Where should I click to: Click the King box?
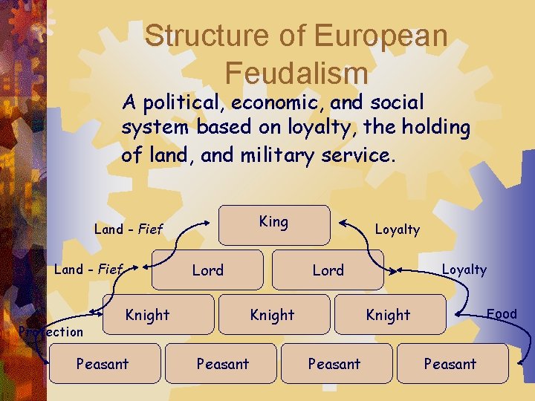pyautogui.click(x=273, y=224)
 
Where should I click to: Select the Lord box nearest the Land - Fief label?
pyautogui.click(x=208, y=270)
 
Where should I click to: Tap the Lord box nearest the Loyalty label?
pyautogui.click(x=328, y=270)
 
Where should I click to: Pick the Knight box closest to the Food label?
pyautogui.click(x=388, y=314)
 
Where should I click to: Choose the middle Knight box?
pyautogui.click(x=272, y=314)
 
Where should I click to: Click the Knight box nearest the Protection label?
pyautogui.click(x=147, y=314)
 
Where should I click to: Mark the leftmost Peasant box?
pyautogui.click(x=103, y=363)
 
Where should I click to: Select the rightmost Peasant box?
pyautogui.click(x=450, y=363)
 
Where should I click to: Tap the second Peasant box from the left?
pyautogui.click(x=223, y=363)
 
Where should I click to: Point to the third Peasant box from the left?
pyautogui.click(x=334, y=363)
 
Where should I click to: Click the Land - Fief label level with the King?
pyautogui.click(x=129, y=229)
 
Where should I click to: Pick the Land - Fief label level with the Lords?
pyautogui.click(x=88, y=269)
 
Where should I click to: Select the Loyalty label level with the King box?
pyautogui.click(x=398, y=229)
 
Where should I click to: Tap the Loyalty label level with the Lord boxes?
pyautogui.click(x=464, y=270)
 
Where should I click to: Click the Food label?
pyautogui.click(x=502, y=313)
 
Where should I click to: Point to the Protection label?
pyautogui.click(x=51, y=331)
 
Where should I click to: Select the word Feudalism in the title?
pyautogui.click(x=296, y=72)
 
